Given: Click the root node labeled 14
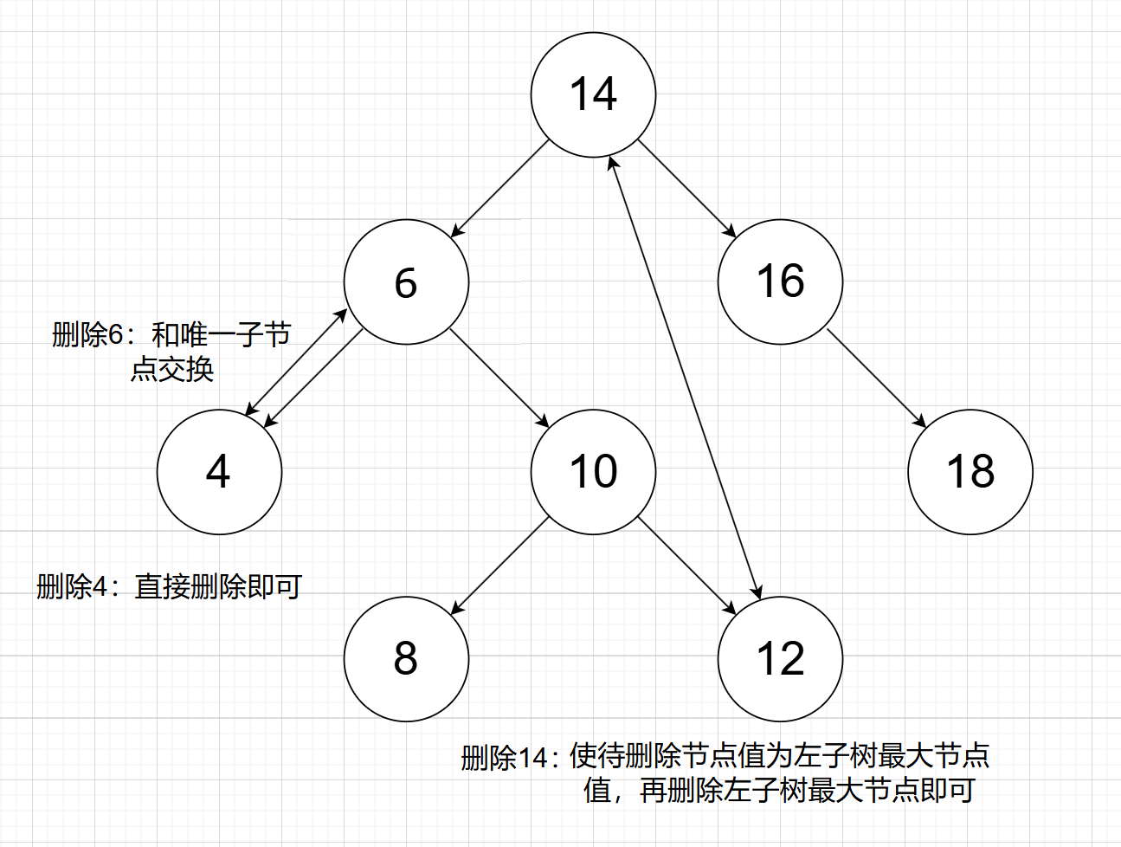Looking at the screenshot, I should (x=593, y=95).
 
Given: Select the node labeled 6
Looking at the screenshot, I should (x=406, y=282).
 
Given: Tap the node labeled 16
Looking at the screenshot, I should (x=780, y=282).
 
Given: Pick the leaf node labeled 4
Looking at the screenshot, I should (x=219, y=472).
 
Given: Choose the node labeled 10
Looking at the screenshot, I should (x=593, y=472).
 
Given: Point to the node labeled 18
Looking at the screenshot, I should (x=970, y=472).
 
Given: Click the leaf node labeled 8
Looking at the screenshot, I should (x=406, y=659).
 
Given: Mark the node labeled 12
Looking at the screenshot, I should (x=780, y=659).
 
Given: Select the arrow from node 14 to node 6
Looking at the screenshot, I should (x=500, y=188).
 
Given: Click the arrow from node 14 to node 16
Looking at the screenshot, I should (x=686, y=188).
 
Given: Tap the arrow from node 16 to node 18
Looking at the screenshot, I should (x=876, y=378).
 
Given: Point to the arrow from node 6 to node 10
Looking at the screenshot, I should (x=499, y=378).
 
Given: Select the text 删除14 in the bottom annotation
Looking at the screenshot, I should (x=504, y=758).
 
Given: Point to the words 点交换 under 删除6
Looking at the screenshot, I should (x=172, y=370).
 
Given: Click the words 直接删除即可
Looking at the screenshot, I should (x=218, y=587).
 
